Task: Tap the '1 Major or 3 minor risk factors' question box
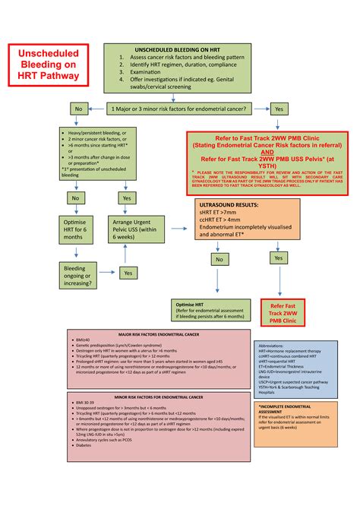176,109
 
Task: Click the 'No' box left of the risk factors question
77,109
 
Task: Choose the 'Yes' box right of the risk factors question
278,109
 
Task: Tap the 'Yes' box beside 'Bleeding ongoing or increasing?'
129,272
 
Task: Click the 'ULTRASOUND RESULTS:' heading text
226,205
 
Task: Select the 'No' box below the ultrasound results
219,258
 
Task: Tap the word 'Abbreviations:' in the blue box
276,344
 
